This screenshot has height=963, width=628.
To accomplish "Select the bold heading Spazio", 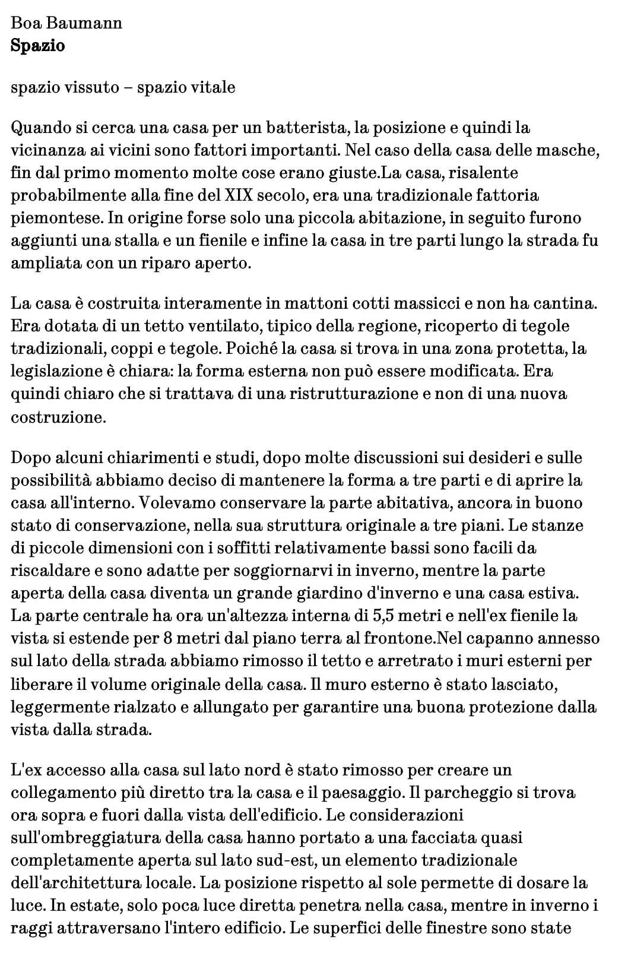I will [38, 46].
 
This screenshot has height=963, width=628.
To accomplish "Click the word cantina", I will [564, 303].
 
